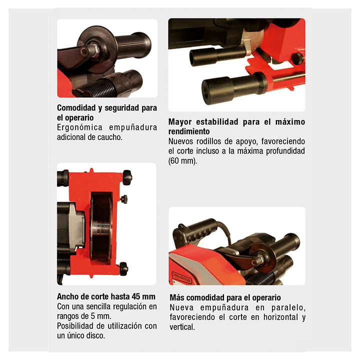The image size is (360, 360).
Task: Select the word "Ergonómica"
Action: pyautogui.click(x=79, y=127)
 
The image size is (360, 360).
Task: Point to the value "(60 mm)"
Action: pyautogui.click(x=183, y=160)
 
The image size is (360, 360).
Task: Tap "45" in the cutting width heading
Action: pyautogui.click(x=136, y=296)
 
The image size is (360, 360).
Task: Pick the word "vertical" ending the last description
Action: pyautogui.click(x=182, y=327)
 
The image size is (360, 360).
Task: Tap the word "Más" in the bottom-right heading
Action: pyautogui.click(x=176, y=297)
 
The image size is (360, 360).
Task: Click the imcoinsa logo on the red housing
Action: pyautogui.click(x=181, y=278)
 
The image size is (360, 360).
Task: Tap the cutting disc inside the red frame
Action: pyautogui.click(x=101, y=228)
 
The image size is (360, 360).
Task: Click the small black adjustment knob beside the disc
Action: pyautogui.click(x=124, y=199)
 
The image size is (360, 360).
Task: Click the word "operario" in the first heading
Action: pyautogui.click(x=79, y=118)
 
